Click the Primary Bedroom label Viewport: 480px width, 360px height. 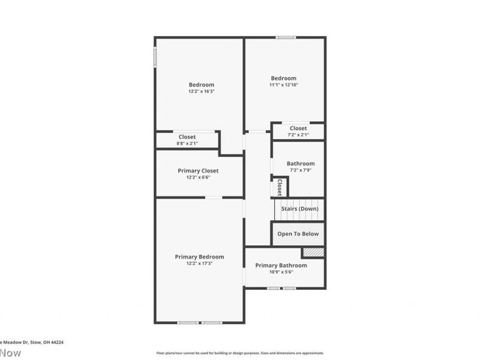point(199,257)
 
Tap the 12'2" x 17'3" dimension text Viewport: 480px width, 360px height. point(199,263)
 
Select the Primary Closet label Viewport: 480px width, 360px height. point(198,171)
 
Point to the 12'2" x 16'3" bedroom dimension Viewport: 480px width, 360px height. point(201,91)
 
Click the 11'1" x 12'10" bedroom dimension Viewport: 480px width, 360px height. point(283,85)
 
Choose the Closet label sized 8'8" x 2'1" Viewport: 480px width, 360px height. point(187,137)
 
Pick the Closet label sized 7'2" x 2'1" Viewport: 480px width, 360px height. point(298,128)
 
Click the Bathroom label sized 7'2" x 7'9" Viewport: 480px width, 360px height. point(300,163)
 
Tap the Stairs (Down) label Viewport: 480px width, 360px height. point(299,209)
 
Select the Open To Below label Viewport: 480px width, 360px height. point(298,234)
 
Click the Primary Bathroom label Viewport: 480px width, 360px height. point(281,265)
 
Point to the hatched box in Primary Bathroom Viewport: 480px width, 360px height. point(313,253)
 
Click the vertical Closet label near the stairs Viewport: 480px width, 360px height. point(279,187)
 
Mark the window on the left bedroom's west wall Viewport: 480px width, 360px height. point(155,58)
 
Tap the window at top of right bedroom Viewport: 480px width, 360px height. point(286,38)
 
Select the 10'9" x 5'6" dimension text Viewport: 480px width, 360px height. point(281,272)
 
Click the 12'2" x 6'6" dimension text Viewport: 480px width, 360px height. point(198,178)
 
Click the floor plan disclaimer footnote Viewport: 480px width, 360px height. point(240,353)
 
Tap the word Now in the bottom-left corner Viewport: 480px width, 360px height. point(10,353)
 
